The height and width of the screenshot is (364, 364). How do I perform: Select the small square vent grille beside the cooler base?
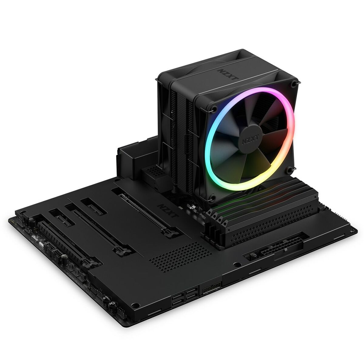point(155,172)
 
